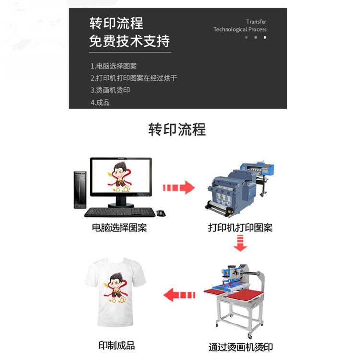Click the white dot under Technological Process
[265, 37]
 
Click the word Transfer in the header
[256, 22]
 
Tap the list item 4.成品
[100, 102]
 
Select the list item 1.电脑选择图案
[113, 66]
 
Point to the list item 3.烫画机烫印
[110, 90]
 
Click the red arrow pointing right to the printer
[179, 188]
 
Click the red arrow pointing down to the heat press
[240, 243]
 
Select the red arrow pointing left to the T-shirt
[180, 295]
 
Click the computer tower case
[80, 190]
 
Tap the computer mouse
[161, 213]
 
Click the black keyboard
[120, 212]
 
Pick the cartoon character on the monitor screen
[120, 177]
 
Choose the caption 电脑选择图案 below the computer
[120, 228]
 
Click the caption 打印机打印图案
[240, 228]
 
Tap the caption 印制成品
[117, 345]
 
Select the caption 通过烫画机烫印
[240, 347]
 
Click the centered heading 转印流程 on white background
[177, 130]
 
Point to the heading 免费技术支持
[130, 41]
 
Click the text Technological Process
[240, 29]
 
